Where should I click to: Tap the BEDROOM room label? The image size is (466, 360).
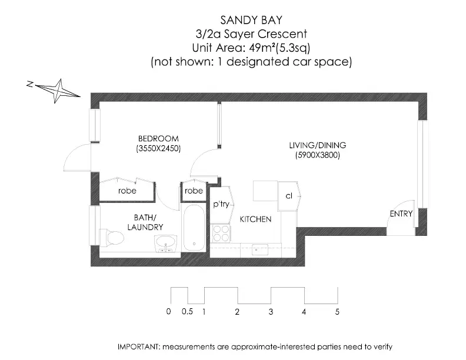point(158,139)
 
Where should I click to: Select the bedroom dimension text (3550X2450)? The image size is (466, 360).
point(158,148)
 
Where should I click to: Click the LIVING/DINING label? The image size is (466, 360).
point(318,145)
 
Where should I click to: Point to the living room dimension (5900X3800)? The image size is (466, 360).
point(318,155)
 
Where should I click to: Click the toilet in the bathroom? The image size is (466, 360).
point(111,238)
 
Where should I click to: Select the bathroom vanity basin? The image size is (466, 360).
point(165,244)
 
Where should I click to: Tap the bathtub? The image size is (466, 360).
point(194,228)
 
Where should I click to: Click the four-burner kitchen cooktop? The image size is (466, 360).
point(221,233)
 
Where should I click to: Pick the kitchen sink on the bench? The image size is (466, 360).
point(259,249)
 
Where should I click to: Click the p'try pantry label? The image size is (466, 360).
point(221,204)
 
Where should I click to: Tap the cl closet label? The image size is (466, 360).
point(289,196)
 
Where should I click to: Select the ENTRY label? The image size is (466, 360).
point(401,214)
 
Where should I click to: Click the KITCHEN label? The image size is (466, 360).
point(255,219)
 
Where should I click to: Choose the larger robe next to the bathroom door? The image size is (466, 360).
point(127,191)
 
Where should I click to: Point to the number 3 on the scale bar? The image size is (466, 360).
point(271,312)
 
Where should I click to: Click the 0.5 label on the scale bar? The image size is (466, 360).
point(187,312)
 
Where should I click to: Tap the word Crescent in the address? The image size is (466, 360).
point(282,34)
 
